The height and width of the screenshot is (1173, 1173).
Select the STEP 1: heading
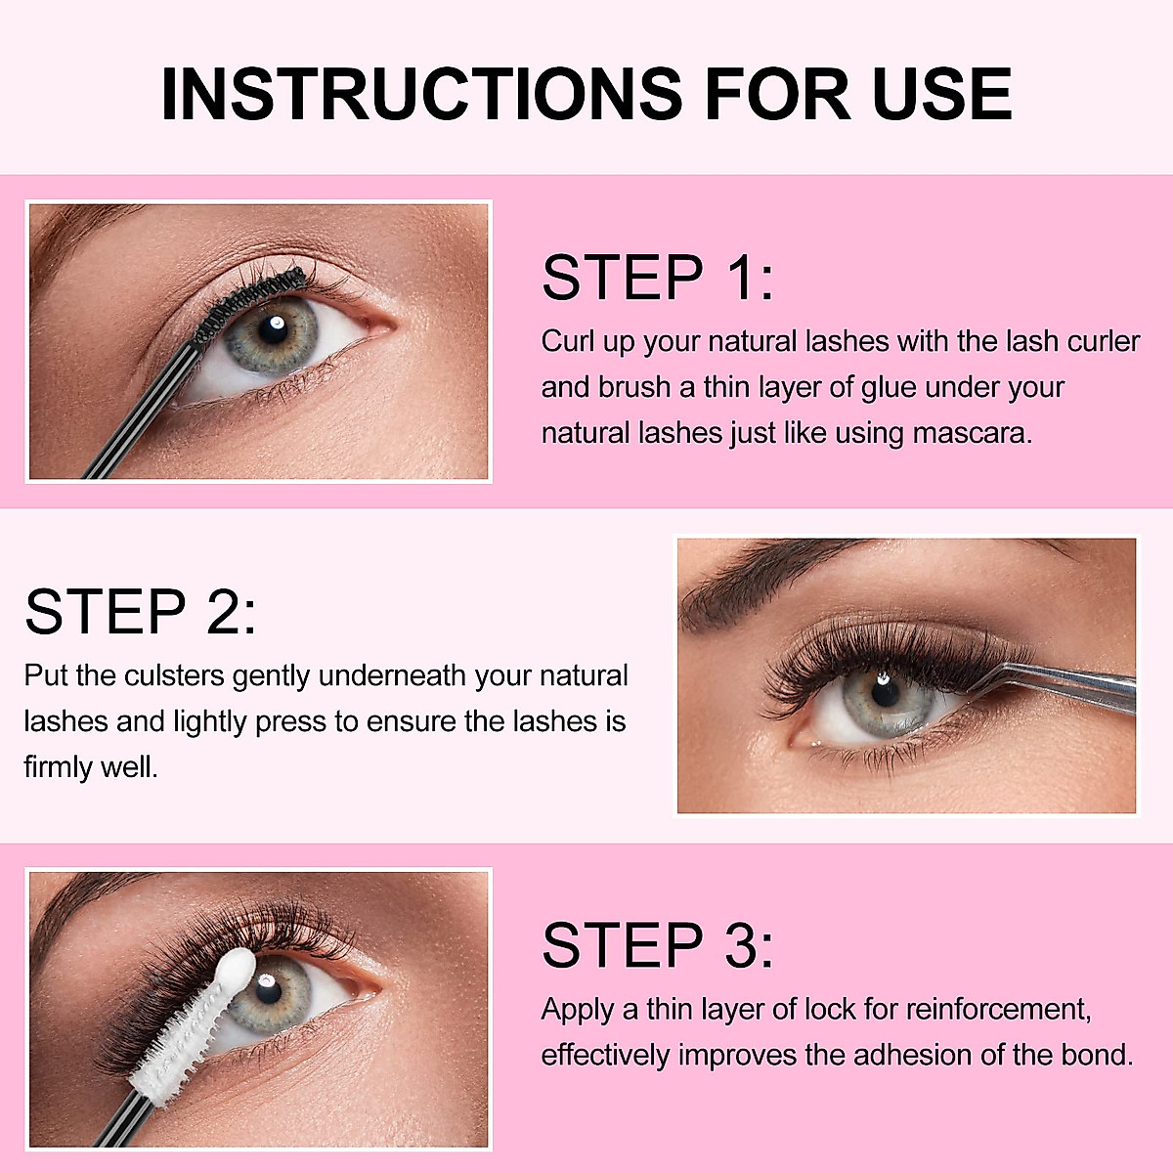pyautogui.click(x=657, y=278)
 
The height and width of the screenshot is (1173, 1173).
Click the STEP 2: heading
pyautogui.click(x=141, y=612)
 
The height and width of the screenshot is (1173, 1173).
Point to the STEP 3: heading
pyautogui.click(x=657, y=945)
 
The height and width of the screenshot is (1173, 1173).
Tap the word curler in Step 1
pyautogui.click(x=1103, y=341)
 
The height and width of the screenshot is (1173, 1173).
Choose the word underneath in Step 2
pyautogui.click(x=393, y=675)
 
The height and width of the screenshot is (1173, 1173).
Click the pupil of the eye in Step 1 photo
pyautogui.click(x=274, y=329)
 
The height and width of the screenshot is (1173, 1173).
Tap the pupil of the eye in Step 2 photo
pyautogui.click(x=885, y=690)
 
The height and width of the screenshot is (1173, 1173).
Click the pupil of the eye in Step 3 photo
pyautogui.click(x=268, y=989)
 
